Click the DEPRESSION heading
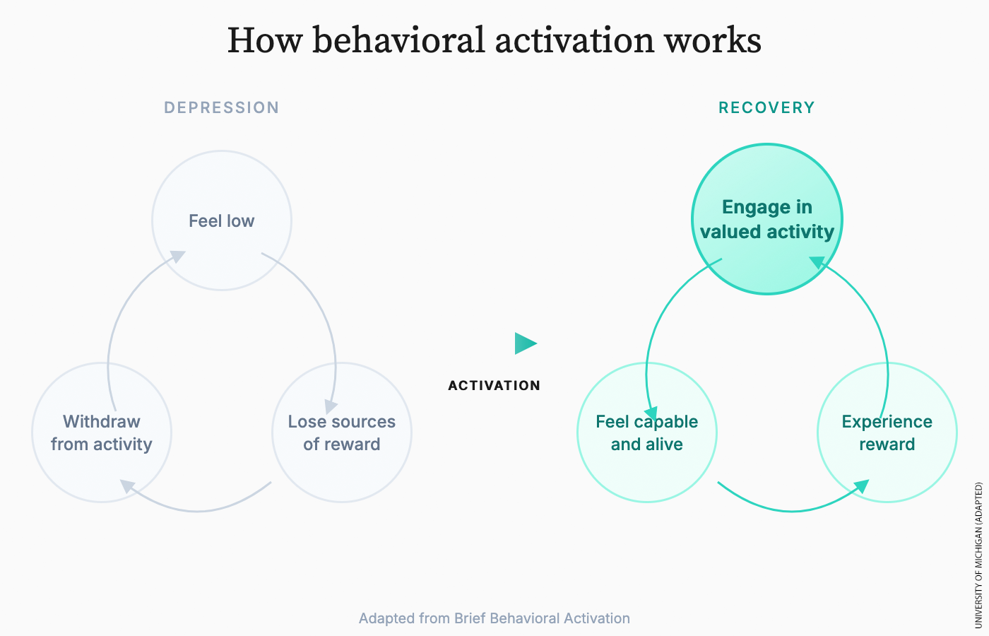[221, 107]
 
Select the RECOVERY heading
[766, 107]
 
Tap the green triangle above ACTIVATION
[525, 343]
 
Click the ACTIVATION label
[494, 385]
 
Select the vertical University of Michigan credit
[978, 555]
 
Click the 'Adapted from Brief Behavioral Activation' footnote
[494, 618]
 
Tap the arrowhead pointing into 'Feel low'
[177, 257]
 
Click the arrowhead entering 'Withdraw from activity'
[127, 486]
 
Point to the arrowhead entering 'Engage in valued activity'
[817, 263]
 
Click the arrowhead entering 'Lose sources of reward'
[331, 407]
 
